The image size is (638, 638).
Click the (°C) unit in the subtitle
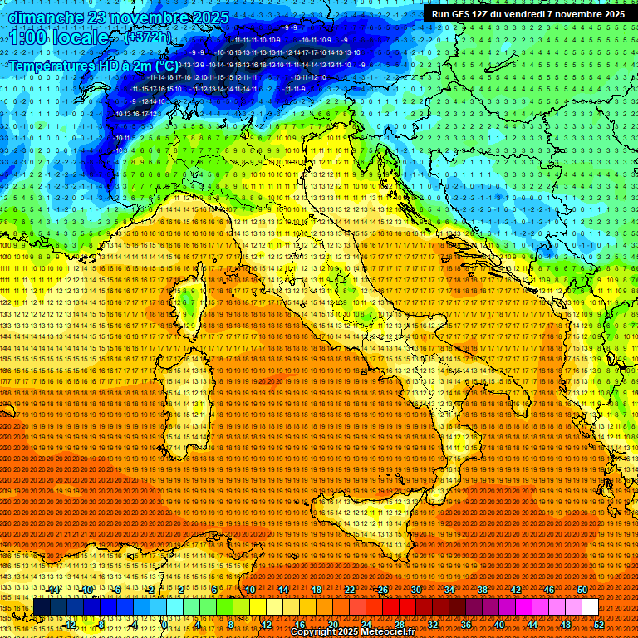point(165,65)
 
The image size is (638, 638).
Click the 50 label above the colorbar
point(582,590)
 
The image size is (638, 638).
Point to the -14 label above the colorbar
point(53,590)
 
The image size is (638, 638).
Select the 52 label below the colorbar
point(599,625)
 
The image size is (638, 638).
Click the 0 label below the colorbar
point(164,625)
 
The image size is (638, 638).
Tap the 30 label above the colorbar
point(416,590)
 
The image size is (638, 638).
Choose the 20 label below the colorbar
point(332,625)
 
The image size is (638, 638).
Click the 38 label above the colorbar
point(483,590)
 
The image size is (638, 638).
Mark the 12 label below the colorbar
point(266,625)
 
